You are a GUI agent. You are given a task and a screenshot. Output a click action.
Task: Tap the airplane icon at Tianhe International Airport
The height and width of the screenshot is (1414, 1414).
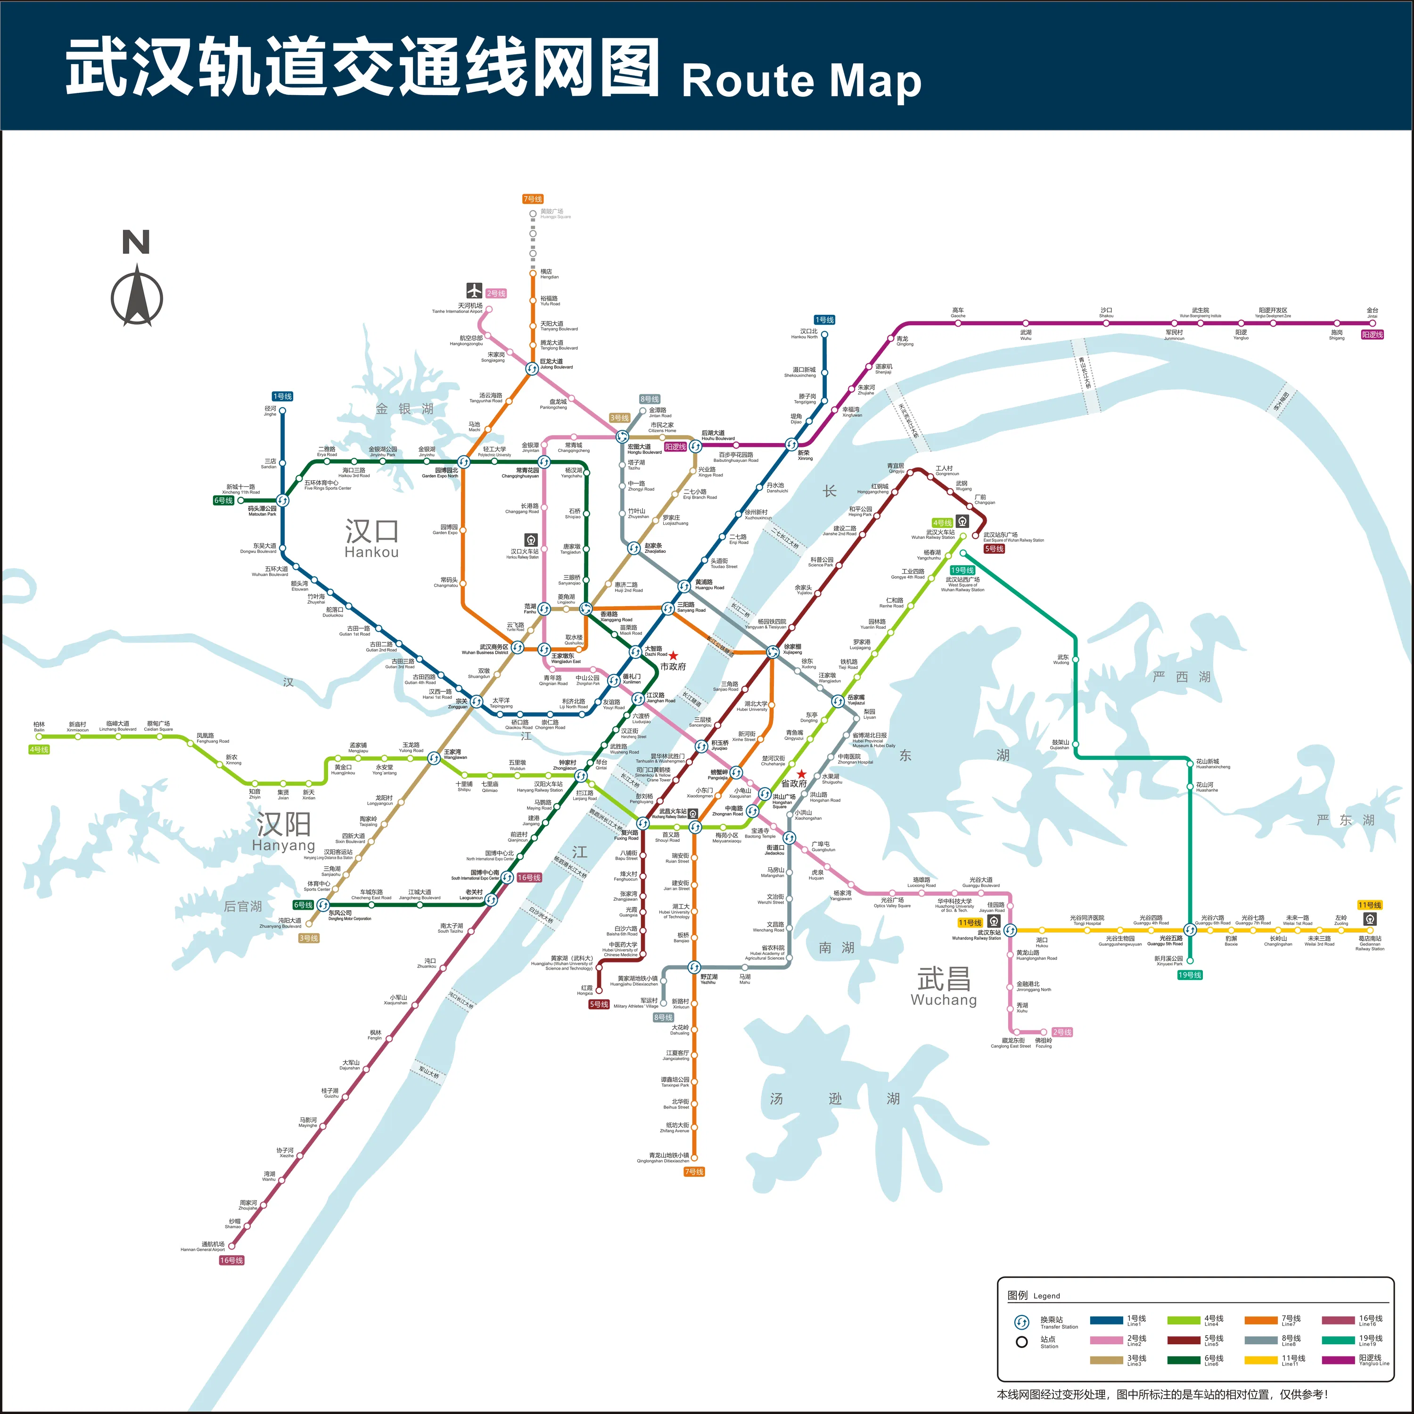tap(474, 290)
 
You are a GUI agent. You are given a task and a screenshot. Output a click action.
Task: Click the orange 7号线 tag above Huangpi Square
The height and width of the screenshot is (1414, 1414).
tap(532, 199)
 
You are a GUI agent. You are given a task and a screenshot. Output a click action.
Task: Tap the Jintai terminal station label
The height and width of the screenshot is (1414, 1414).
tap(1372, 312)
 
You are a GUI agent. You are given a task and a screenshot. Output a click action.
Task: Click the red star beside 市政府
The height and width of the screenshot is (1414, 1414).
tap(674, 656)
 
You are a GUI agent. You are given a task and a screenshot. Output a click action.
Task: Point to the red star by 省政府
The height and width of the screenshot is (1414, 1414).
tap(801, 773)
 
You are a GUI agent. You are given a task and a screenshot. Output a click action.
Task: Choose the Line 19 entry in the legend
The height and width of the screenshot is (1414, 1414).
tap(1367, 1340)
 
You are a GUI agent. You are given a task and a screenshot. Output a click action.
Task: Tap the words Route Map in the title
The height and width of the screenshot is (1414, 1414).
tap(801, 81)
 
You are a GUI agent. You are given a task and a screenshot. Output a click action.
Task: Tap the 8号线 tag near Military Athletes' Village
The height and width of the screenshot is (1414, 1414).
tap(663, 1017)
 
